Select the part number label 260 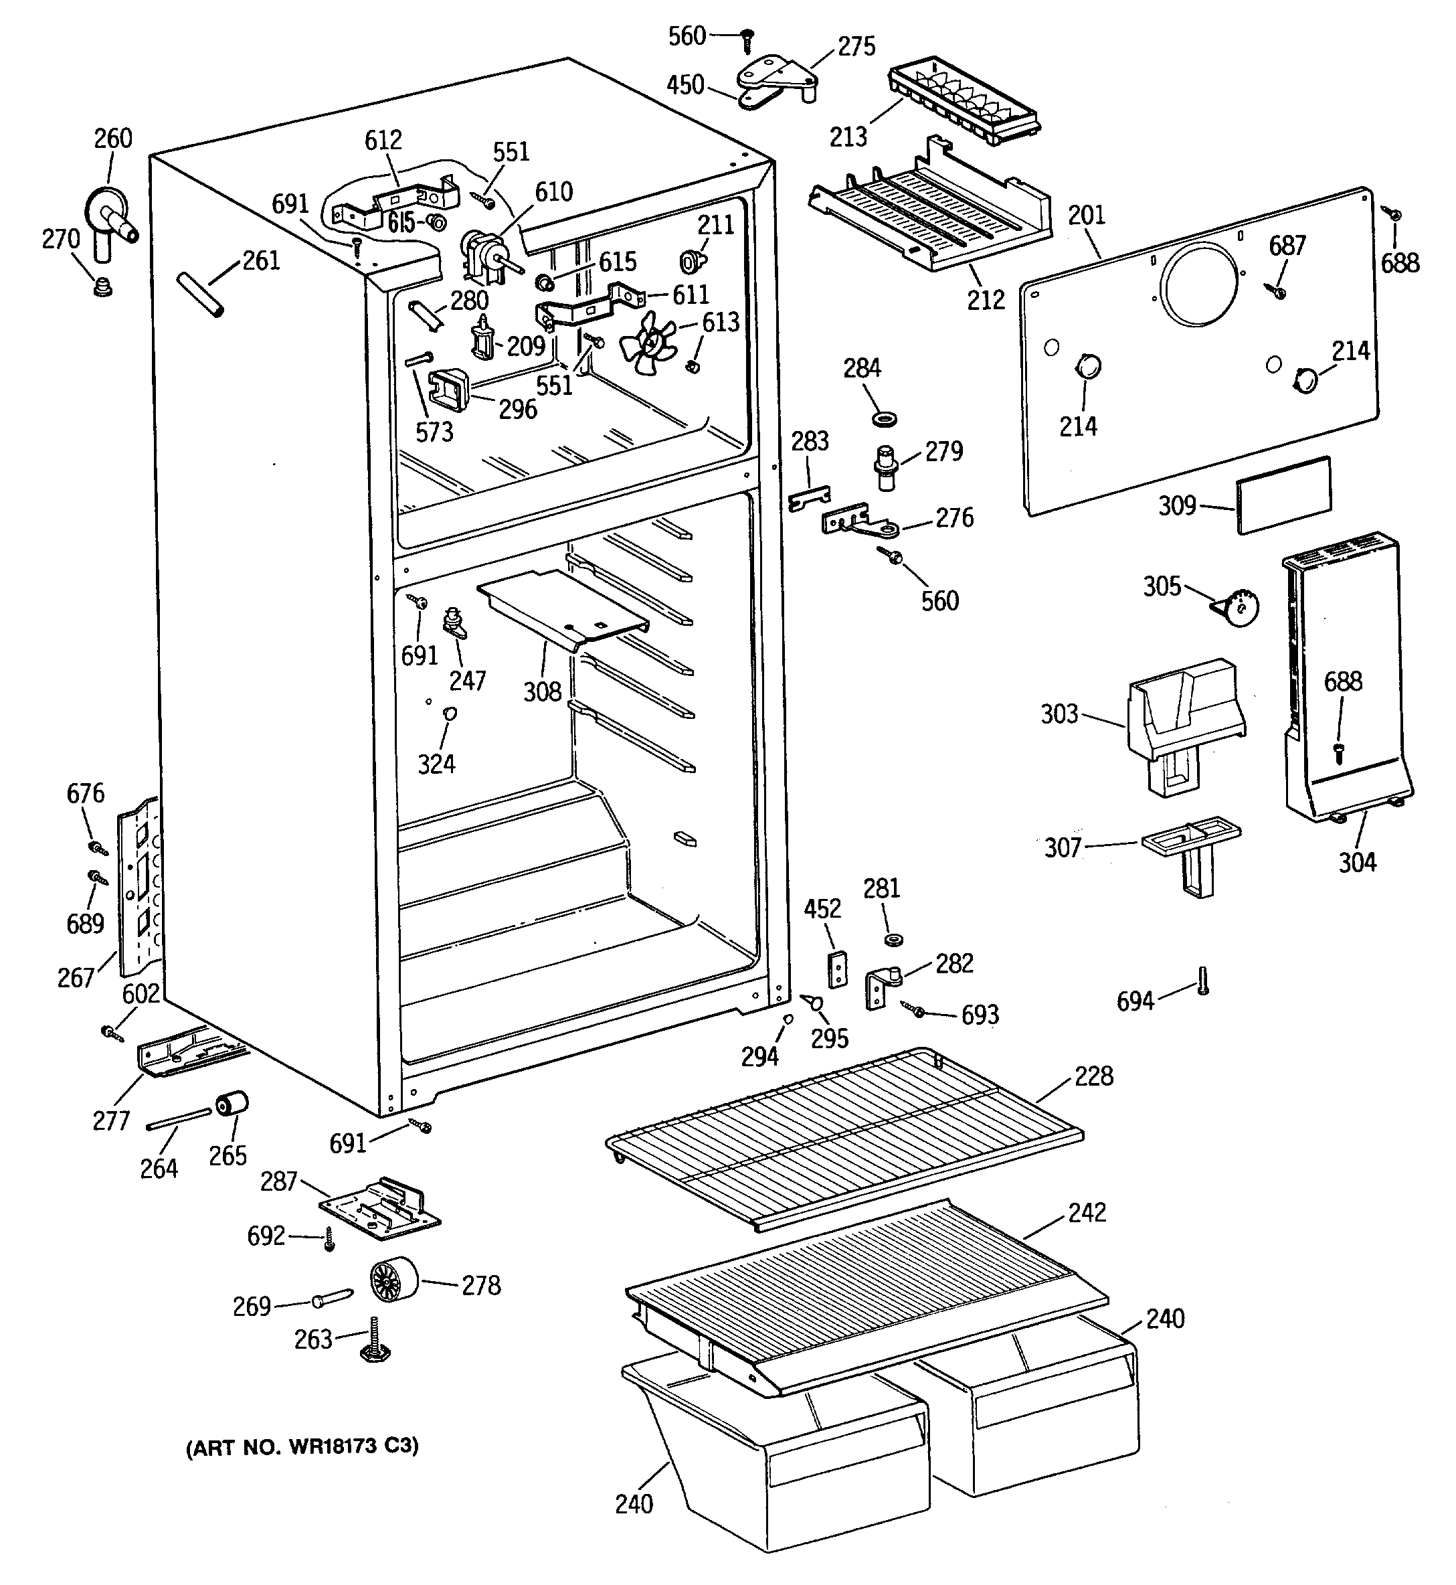pyautogui.click(x=114, y=139)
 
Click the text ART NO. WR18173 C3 pyautogui.click(x=302, y=1447)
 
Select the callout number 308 pyautogui.click(x=543, y=691)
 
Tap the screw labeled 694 pyautogui.click(x=1202, y=981)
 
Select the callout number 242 pyautogui.click(x=1087, y=1212)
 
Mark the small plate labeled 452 pyautogui.click(x=838, y=969)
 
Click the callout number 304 pyautogui.click(x=1358, y=862)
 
